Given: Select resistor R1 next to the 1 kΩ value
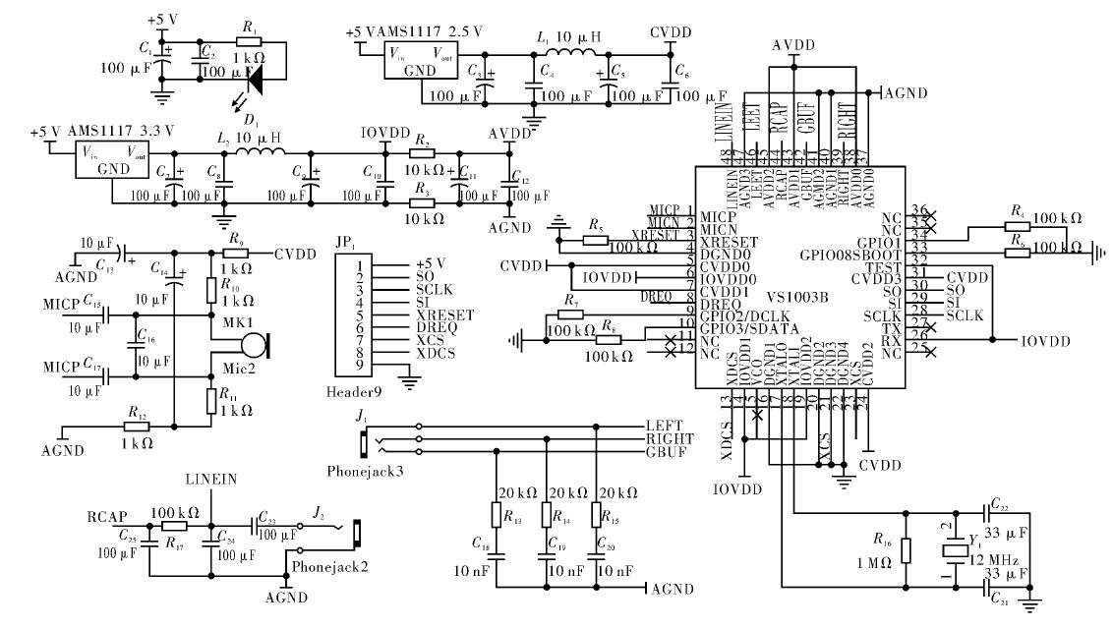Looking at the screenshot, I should click(x=249, y=43).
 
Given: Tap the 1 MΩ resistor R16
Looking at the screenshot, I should click(x=907, y=551).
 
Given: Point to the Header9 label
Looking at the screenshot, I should click(x=352, y=391).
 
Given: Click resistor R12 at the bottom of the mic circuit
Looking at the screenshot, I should click(x=135, y=429).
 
